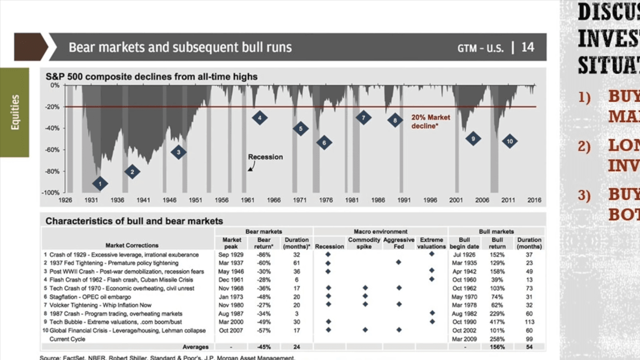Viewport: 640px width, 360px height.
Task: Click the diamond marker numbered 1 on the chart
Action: click(100, 184)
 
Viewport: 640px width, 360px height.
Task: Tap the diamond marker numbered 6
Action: click(324, 143)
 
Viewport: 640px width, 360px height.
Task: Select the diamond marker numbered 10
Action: click(509, 141)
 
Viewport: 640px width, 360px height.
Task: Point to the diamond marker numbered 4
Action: click(260, 118)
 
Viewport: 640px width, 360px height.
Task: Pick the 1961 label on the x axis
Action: click(247, 200)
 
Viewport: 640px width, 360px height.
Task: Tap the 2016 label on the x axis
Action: click(534, 200)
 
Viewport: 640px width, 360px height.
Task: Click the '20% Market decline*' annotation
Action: click(430, 122)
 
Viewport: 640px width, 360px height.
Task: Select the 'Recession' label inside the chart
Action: click(265, 157)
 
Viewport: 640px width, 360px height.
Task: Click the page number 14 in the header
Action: click(527, 47)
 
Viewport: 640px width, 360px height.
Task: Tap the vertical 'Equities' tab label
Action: click(15, 112)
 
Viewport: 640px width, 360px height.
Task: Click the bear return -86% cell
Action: click(264, 255)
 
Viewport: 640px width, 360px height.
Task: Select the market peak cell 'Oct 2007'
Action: click(231, 330)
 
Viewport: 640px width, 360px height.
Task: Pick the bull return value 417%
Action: click(497, 322)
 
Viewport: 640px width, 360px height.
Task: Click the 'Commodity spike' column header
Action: click(364, 243)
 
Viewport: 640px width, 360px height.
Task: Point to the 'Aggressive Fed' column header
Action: click(399, 243)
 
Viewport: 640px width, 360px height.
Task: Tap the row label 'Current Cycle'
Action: click(67, 339)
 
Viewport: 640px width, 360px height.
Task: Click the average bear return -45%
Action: click(264, 347)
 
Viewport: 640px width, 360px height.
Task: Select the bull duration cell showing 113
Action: click(529, 322)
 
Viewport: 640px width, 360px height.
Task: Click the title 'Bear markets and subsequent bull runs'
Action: click(180, 47)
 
